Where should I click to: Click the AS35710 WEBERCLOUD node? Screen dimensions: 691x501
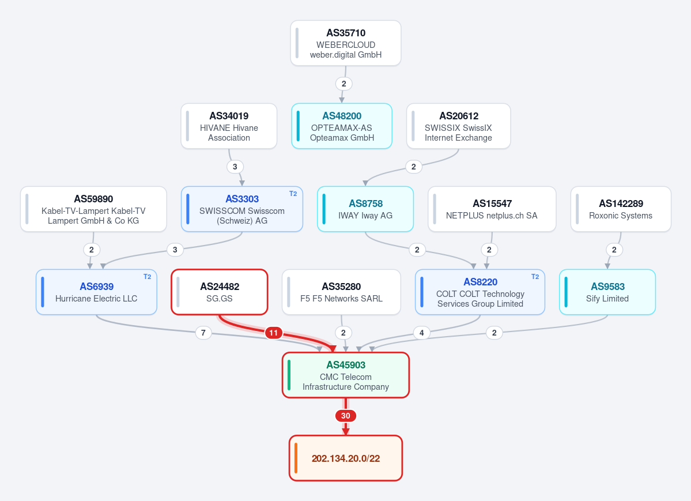pyautogui.click(x=346, y=43)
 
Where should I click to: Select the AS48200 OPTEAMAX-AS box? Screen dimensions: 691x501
pyautogui.click(x=342, y=126)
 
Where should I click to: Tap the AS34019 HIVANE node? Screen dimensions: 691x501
pyautogui.click(x=229, y=126)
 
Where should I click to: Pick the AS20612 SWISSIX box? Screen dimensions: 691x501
pyautogui.click(x=458, y=126)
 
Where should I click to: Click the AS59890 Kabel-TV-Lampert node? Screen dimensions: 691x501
pyautogui.click(x=93, y=209)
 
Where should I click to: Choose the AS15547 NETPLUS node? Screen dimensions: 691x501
pyautogui.click(x=492, y=209)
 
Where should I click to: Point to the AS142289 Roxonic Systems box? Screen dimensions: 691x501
pyautogui.click(x=621, y=209)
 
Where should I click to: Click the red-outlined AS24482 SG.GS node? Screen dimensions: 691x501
pyautogui.click(x=220, y=292)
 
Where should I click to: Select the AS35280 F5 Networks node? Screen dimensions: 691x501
pyautogui.click(x=342, y=292)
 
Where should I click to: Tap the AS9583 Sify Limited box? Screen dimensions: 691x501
pyautogui.click(x=607, y=292)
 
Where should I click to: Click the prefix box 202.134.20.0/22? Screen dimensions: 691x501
pyautogui.click(x=346, y=458)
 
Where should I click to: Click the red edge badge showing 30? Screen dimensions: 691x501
pyautogui.click(x=346, y=416)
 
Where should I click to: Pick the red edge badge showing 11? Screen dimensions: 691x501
pyautogui.click(x=274, y=333)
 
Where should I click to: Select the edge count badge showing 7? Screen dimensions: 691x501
pyautogui.click(x=203, y=333)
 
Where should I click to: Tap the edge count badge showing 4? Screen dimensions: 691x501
pyautogui.click(x=422, y=333)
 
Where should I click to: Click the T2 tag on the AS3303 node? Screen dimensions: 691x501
pyautogui.click(x=293, y=194)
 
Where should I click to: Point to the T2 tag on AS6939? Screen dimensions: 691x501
pyautogui.click(x=147, y=277)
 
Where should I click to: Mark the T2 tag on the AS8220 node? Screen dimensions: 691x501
pyautogui.click(x=535, y=277)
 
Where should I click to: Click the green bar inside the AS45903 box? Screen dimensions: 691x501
pyautogui.click(x=289, y=375)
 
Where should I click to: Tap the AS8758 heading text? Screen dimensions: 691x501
pyautogui.click(x=366, y=204)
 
